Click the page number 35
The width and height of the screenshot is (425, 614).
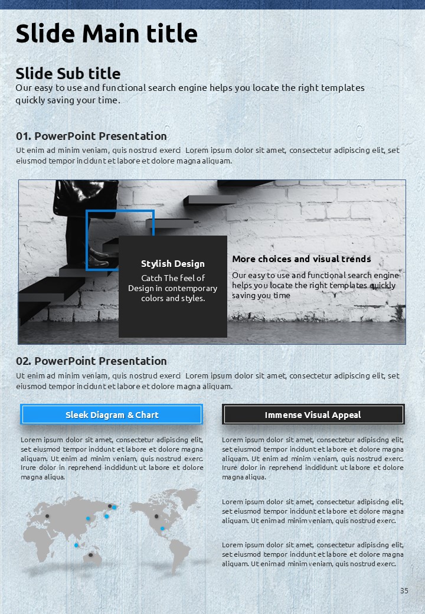(x=404, y=590)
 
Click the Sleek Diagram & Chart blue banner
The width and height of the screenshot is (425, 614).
(x=112, y=414)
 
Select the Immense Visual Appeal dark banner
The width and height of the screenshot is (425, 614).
(x=313, y=414)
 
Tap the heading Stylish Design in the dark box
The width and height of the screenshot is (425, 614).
(x=172, y=264)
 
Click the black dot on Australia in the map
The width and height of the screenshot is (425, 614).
(x=90, y=555)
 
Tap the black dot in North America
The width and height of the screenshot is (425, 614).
(x=156, y=517)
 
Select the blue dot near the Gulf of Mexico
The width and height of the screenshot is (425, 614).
(x=162, y=528)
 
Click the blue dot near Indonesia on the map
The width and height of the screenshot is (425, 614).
(x=76, y=546)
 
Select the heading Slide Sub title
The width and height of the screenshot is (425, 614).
(x=68, y=73)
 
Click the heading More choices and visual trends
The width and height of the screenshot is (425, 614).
(x=301, y=259)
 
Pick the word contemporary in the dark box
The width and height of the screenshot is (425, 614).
(x=191, y=288)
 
